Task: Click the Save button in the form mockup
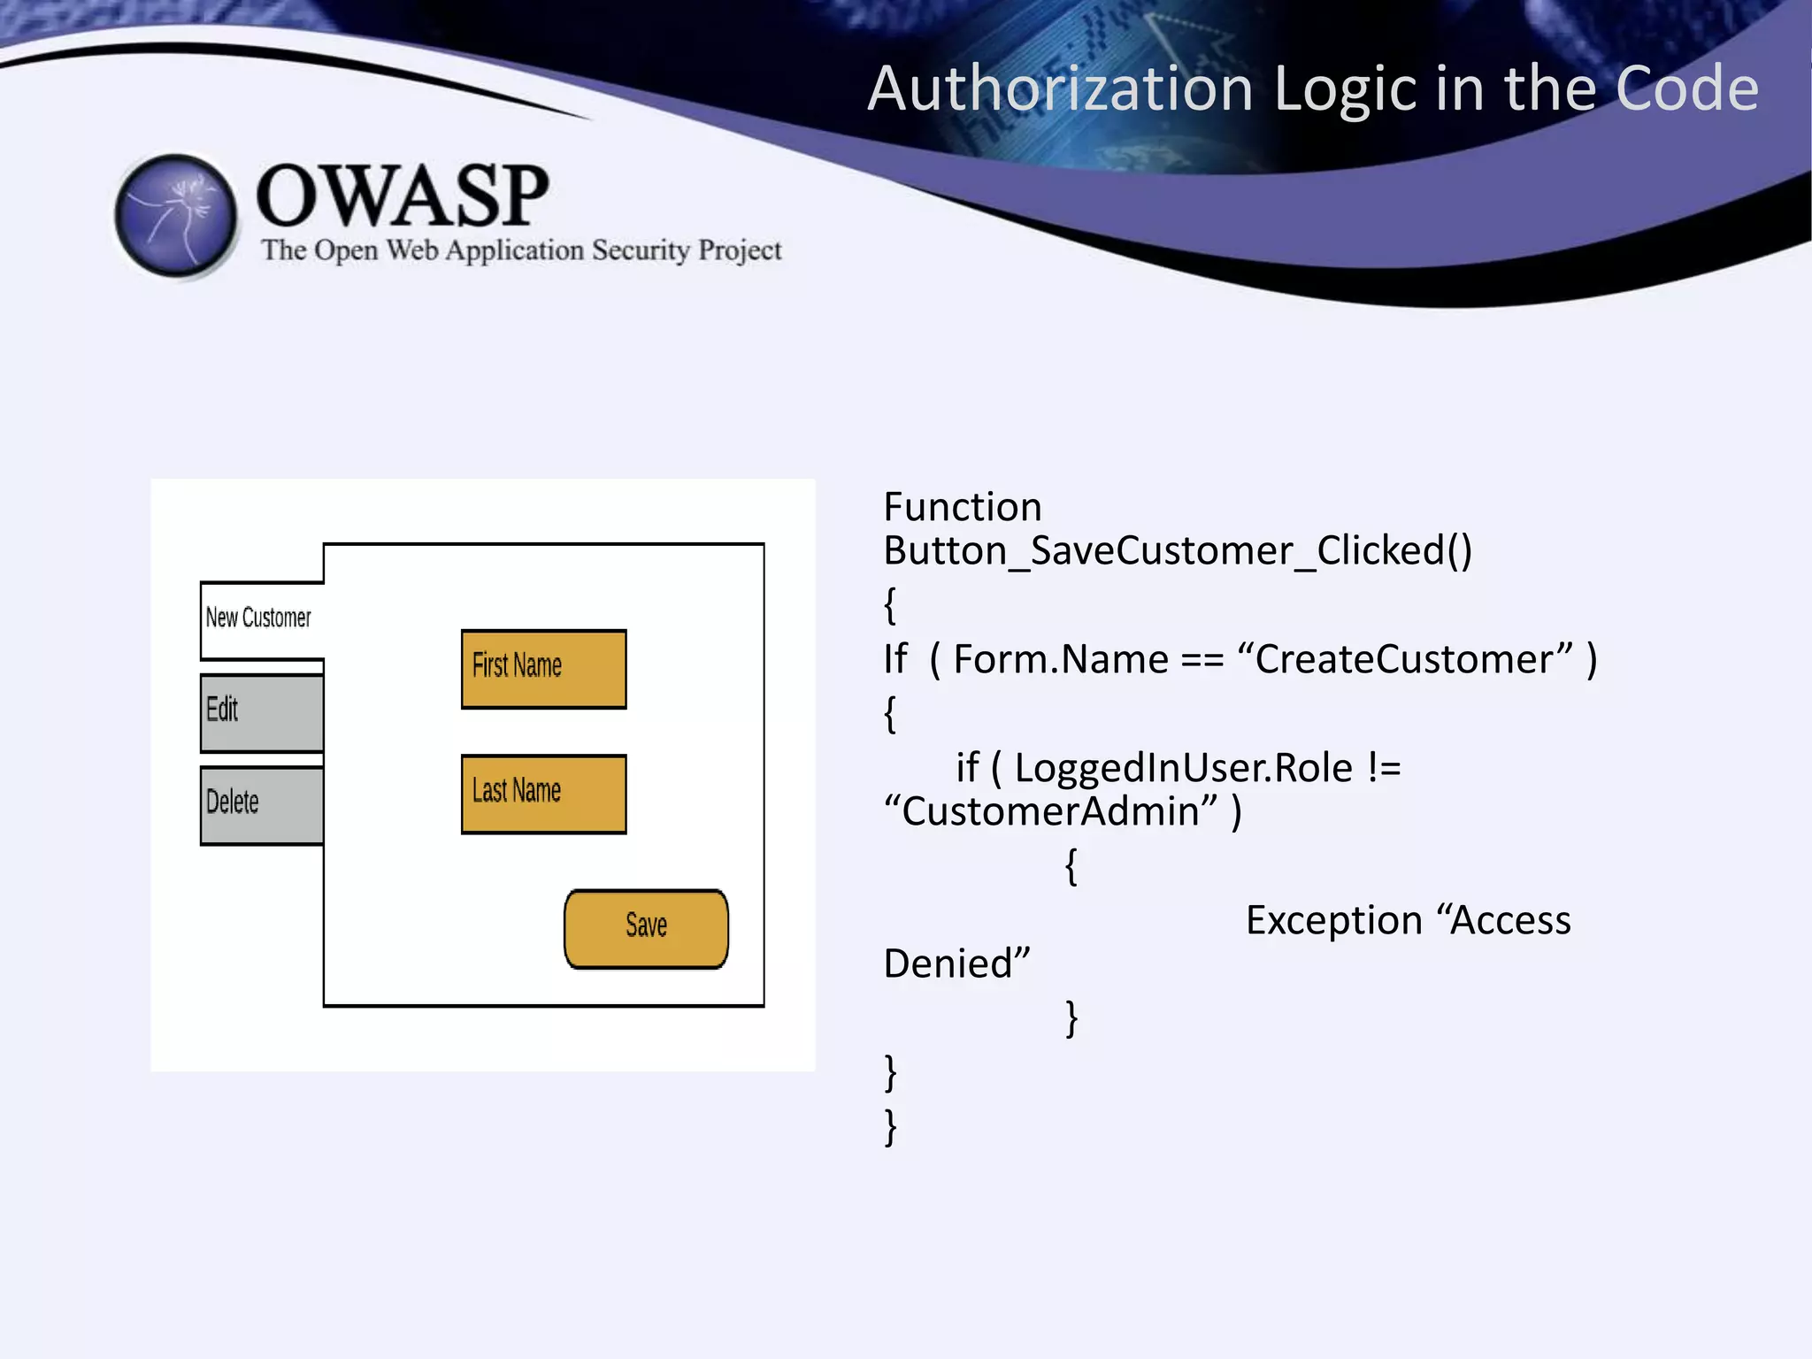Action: coord(646,928)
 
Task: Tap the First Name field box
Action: coord(543,669)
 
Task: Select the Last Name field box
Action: coord(543,794)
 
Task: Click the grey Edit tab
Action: coord(262,712)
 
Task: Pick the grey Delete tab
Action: coord(262,805)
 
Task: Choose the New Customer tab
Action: coord(259,618)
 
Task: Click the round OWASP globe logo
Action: coord(176,216)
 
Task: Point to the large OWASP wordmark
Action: coord(403,196)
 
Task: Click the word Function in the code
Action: coord(963,508)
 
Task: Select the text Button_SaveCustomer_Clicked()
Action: coord(1178,551)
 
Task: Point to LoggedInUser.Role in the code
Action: coord(1183,768)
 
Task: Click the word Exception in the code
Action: coord(1333,921)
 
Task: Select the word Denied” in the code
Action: coord(957,964)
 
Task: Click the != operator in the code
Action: coord(1384,768)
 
